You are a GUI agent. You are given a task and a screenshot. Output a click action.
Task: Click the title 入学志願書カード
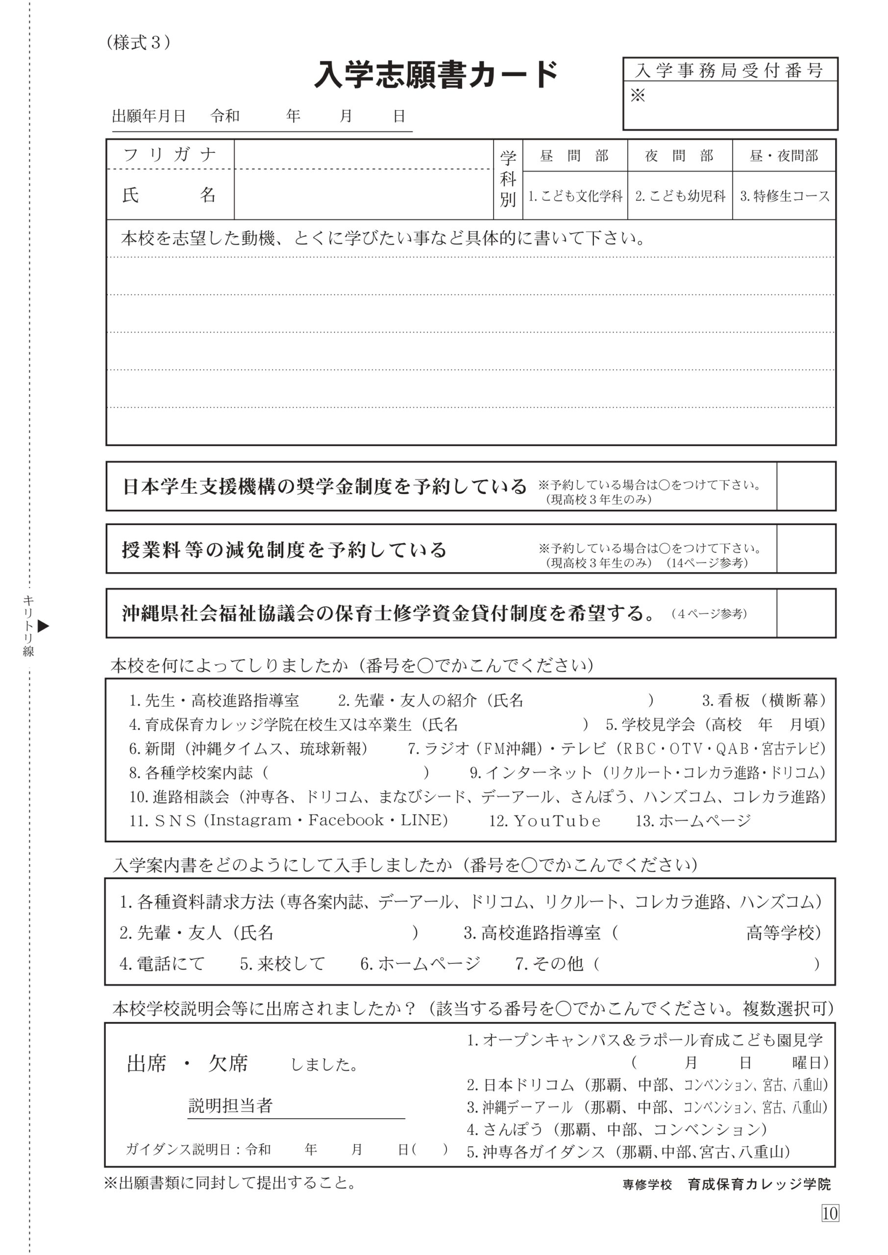coord(436,75)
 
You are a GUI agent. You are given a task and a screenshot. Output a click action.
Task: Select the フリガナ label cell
coord(170,155)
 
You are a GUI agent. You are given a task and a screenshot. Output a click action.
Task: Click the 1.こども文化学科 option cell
coord(575,196)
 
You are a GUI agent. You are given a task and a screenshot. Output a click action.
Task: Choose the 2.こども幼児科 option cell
coord(680,196)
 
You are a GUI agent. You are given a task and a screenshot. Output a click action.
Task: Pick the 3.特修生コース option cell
coord(785,196)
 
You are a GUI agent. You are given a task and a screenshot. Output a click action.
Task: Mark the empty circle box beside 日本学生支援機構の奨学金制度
coord(806,486)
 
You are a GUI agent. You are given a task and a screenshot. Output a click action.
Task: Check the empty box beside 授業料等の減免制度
coord(806,549)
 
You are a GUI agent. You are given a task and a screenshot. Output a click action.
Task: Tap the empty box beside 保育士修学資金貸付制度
coord(806,613)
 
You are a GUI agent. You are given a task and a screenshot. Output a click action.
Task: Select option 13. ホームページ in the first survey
coord(693,821)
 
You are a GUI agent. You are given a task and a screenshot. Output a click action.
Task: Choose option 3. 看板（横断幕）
coord(764,701)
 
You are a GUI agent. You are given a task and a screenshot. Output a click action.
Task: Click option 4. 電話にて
coord(162,963)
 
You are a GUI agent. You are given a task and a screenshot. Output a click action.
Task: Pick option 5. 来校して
coord(282,963)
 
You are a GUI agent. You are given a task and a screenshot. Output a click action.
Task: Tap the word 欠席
coord(228,1064)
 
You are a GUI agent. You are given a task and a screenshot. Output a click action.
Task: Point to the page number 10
coord(830,1213)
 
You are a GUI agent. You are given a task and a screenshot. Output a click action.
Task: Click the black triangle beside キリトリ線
coord(43,626)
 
